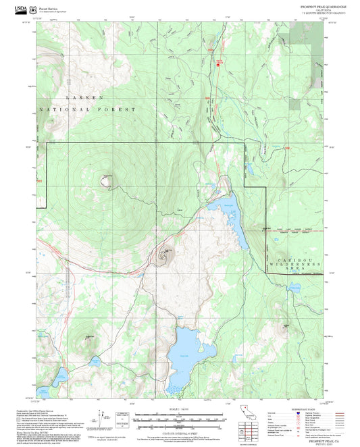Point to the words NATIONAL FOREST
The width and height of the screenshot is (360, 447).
point(88,109)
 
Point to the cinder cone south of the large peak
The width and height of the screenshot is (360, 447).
point(164,255)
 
